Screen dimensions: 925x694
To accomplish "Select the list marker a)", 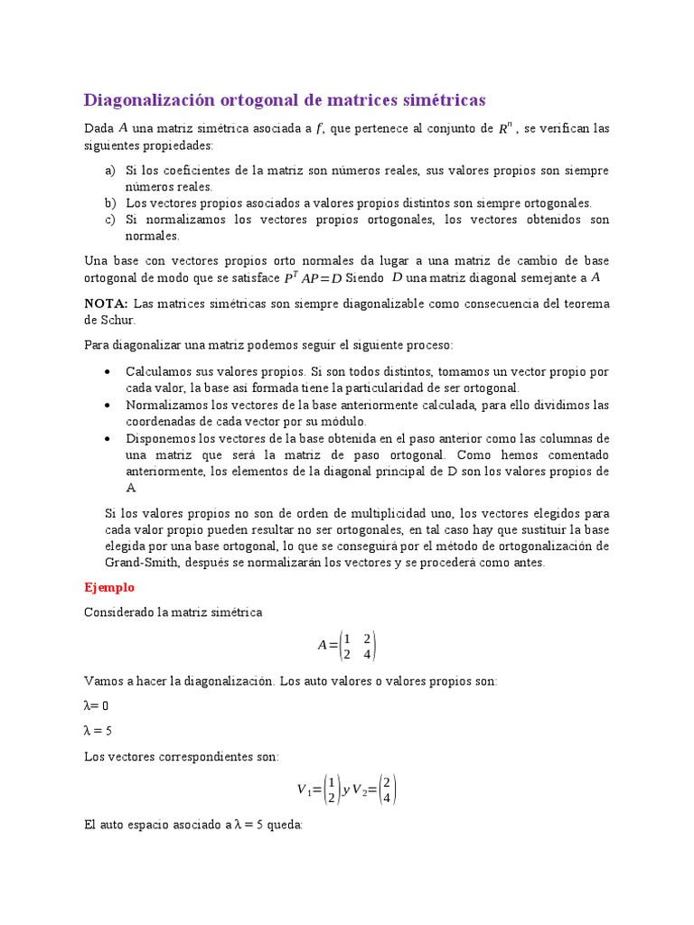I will pyautogui.click(x=110, y=171).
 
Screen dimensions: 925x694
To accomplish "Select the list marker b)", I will pyautogui.click(x=110, y=203).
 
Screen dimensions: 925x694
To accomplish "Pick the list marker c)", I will pyautogui.click(x=110, y=220).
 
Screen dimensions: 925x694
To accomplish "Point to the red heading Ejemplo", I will pyautogui.click(x=108, y=587).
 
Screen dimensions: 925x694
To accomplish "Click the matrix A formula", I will pyautogui.click(x=347, y=645).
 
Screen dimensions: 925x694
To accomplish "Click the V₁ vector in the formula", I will pyautogui.click(x=317, y=789).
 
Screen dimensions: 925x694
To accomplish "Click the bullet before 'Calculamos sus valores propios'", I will pyautogui.click(x=108, y=371).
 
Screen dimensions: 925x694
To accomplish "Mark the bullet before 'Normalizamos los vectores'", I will pyautogui.click(x=108, y=405).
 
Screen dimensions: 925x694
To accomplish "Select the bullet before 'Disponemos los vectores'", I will pyautogui.click(x=108, y=438).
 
